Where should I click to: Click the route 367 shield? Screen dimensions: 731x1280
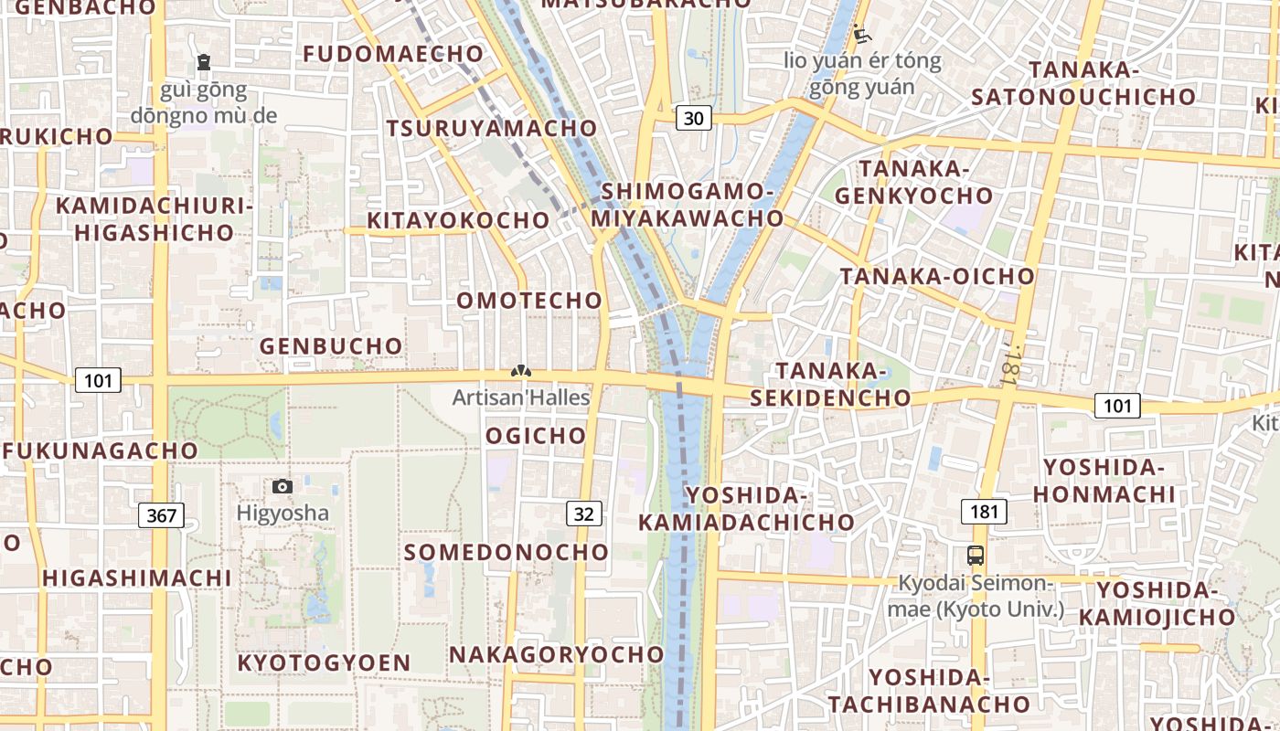click(x=161, y=515)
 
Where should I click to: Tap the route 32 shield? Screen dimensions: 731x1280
click(x=584, y=514)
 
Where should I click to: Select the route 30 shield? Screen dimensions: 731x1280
click(x=694, y=117)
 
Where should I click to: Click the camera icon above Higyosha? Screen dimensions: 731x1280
click(x=283, y=486)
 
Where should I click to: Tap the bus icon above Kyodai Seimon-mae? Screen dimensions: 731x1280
click(x=976, y=555)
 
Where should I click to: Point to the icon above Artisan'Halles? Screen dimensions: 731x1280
click(x=520, y=372)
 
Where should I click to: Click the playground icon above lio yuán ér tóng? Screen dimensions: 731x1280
click(x=861, y=36)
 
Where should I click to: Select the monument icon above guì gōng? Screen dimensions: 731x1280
click(x=203, y=62)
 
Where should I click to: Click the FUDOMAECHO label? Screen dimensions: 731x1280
click(x=393, y=54)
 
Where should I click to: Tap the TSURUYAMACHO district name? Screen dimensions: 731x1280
click(x=492, y=129)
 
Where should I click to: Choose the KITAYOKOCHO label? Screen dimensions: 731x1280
click(x=458, y=220)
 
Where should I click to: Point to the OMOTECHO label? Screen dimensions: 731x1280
click(x=529, y=301)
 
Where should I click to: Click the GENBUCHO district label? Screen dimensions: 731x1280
click(x=331, y=346)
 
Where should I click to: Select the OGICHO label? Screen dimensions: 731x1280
click(x=536, y=436)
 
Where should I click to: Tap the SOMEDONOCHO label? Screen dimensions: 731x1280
click(x=507, y=553)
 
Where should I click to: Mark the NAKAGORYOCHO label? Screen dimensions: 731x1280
click(x=557, y=655)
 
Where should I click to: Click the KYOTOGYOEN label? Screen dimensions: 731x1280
click(x=324, y=663)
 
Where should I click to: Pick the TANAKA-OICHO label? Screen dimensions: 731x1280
click(x=937, y=276)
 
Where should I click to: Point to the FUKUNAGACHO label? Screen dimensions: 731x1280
click(x=101, y=451)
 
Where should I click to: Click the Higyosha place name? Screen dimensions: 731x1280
click(x=283, y=513)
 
